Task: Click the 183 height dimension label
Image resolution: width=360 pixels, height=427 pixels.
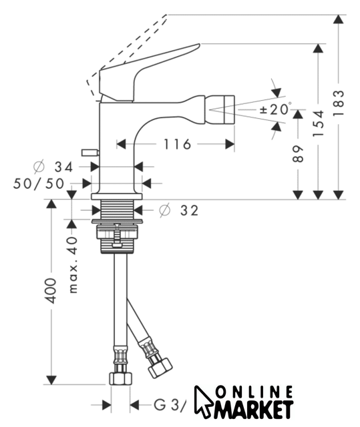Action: coord(339,103)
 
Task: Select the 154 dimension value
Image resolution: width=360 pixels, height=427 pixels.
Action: coord(319,123)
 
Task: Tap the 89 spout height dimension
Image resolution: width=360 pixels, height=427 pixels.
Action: coord(298,154)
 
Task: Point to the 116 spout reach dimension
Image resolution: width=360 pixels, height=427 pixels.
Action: coord(177,144)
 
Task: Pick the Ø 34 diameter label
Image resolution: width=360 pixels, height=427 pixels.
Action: coord(53,167)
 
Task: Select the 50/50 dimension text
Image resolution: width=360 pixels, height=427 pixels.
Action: coord(39,183)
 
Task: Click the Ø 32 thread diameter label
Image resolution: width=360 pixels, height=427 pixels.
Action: coord(179,210)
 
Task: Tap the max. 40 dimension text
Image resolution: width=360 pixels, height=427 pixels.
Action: coord(73,265)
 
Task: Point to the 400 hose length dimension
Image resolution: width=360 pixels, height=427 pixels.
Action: coord(51,291)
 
